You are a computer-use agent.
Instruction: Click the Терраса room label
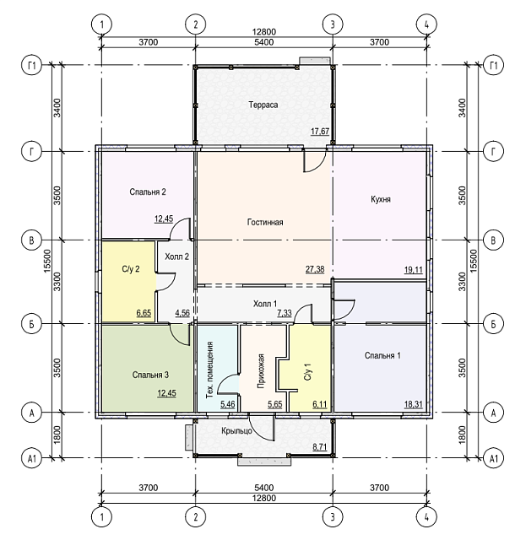263,105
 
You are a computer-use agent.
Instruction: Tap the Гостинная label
265,222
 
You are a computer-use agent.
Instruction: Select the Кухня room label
381,199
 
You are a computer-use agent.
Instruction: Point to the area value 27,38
315,269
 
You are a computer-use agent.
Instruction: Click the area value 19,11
414,270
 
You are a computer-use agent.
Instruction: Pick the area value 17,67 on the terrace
320,132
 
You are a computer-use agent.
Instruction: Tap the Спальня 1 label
382,355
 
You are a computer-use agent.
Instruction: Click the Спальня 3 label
150,375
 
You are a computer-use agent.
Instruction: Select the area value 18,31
414,404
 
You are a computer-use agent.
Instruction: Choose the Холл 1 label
265,304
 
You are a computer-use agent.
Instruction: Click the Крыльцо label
236,431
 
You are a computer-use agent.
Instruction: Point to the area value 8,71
319,447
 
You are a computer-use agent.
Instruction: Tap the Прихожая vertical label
261,371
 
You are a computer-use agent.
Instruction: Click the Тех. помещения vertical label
210,370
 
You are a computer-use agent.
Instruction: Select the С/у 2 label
131,269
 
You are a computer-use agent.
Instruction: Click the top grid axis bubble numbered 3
333,24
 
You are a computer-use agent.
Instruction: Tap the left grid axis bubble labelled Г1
32,65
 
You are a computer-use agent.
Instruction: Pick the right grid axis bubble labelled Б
493,324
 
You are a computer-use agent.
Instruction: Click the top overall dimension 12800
264,32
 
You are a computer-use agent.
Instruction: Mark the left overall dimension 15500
47,262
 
